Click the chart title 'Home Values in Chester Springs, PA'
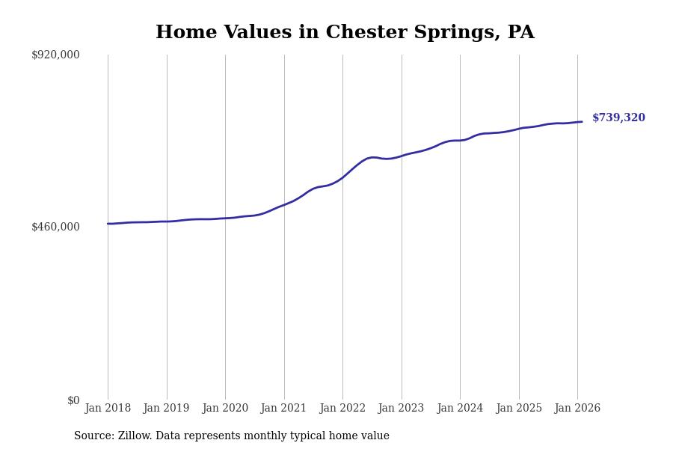[345, 33]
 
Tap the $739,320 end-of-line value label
[618, 118]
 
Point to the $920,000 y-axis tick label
[55, 55]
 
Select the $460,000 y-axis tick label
[55, 227]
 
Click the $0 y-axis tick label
[73, 400]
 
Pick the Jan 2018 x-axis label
[108, 409]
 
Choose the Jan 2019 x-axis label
[167, 409]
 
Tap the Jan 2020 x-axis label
[225, 409]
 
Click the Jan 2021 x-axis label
[284, 409]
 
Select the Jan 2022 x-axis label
[342, 409]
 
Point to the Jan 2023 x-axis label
[402, 409]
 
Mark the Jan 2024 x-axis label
[460, 409]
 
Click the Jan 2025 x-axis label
[519, 409]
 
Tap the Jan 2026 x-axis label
[577, 409]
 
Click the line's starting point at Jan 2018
[108, 224]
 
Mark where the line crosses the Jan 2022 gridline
[342, 177]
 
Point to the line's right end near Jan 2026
[582, 122]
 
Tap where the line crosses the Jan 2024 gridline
[460, 141]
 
